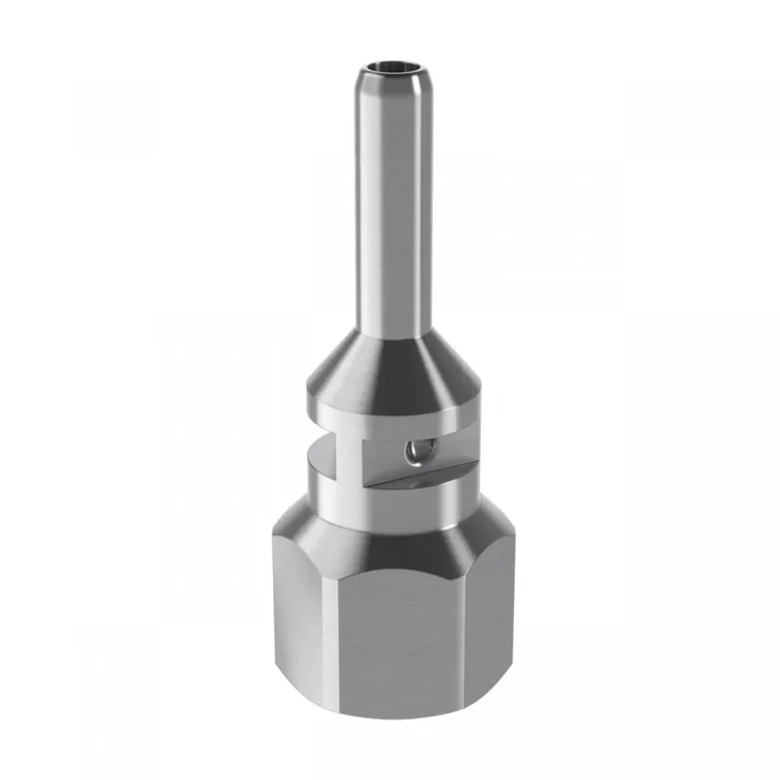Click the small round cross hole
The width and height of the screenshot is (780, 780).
[x=416, y=449]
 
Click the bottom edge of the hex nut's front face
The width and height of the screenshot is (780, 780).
[x=405, y=720]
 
